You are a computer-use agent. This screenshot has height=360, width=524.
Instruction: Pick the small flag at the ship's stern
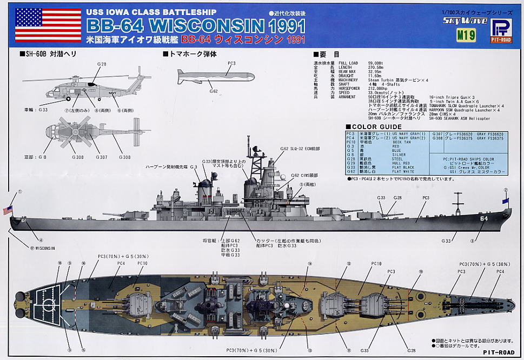8,210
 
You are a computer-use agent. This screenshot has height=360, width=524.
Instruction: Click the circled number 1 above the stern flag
21,191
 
